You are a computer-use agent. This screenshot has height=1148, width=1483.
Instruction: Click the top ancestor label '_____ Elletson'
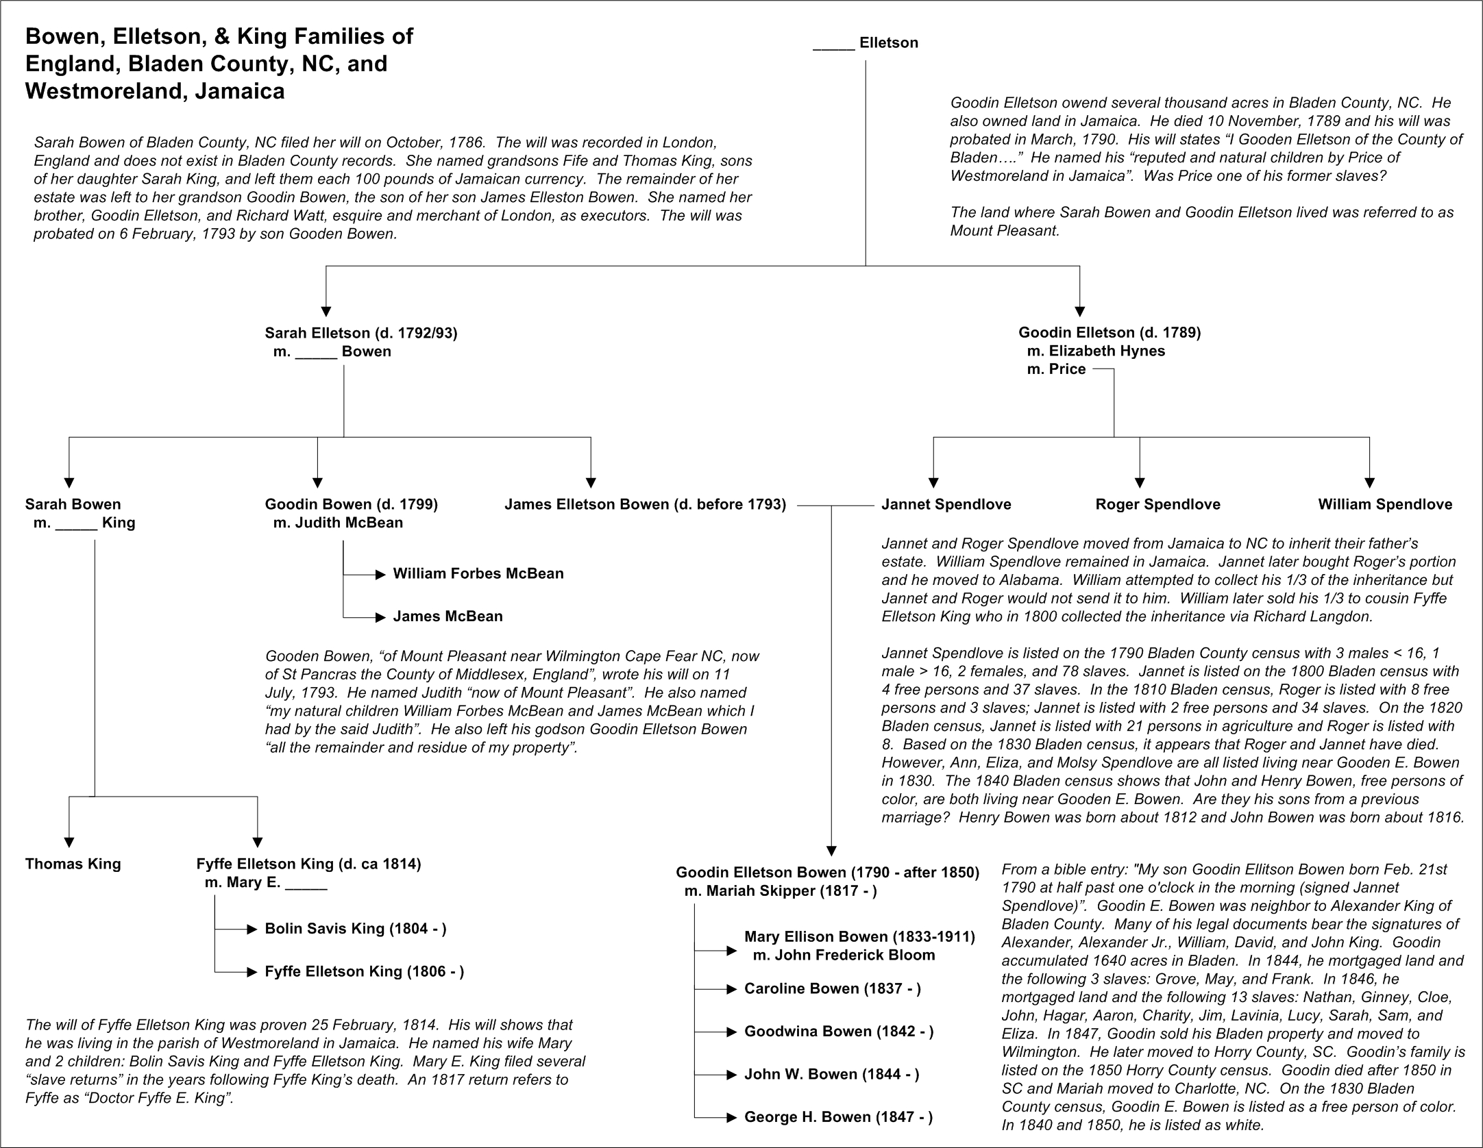(x=866, y=43)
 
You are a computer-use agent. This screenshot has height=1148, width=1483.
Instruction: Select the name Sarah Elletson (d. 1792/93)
(x=361, y=334)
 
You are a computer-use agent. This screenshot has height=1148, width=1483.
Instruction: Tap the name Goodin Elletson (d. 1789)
(x=1110, y=333)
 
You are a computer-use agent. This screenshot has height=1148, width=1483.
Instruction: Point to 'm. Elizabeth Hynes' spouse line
(x=1096, y=351)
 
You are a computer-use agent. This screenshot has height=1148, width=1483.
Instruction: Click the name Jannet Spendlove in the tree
(x=946, y=505)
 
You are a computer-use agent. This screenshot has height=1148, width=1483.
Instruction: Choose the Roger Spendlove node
(x=1157, y=505)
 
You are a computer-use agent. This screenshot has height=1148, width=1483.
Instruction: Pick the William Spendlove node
(x=1385, y=505)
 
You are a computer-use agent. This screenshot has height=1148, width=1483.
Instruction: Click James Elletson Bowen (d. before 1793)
(x=645, y=505)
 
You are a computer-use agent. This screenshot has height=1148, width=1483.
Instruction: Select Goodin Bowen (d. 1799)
(x=352, y=505)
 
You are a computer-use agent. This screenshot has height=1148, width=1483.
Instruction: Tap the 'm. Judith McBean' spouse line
(x=338, y=523)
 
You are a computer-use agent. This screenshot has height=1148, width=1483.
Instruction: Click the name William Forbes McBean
(x=478, y=574)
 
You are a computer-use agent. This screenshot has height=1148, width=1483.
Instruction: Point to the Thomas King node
(x=73, y=864)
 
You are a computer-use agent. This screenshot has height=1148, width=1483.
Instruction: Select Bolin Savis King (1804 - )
(x=356, y=929)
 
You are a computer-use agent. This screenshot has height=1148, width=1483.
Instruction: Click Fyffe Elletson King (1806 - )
(x=365, y=972)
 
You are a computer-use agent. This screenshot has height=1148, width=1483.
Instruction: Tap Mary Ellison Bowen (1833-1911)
(x=859, y=937)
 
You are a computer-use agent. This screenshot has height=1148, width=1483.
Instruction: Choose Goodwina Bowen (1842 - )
(x=839, y=1032)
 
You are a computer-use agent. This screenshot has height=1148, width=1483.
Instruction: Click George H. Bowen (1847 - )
(x=838, y=1117)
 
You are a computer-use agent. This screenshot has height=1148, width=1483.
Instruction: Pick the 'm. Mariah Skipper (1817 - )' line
(x=781, y=891)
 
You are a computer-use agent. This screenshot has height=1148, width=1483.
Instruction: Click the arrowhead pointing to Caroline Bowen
(x=732, y=989)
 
